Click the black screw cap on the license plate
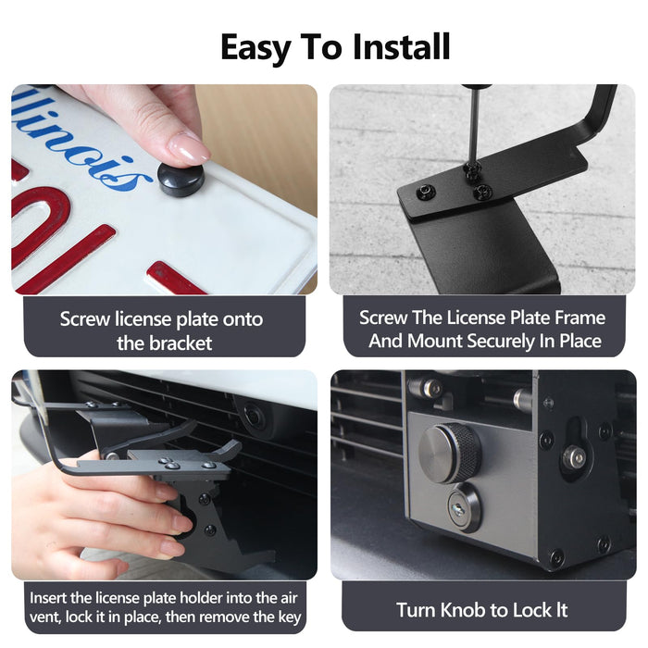point(180,177)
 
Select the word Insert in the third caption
point(47,596)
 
